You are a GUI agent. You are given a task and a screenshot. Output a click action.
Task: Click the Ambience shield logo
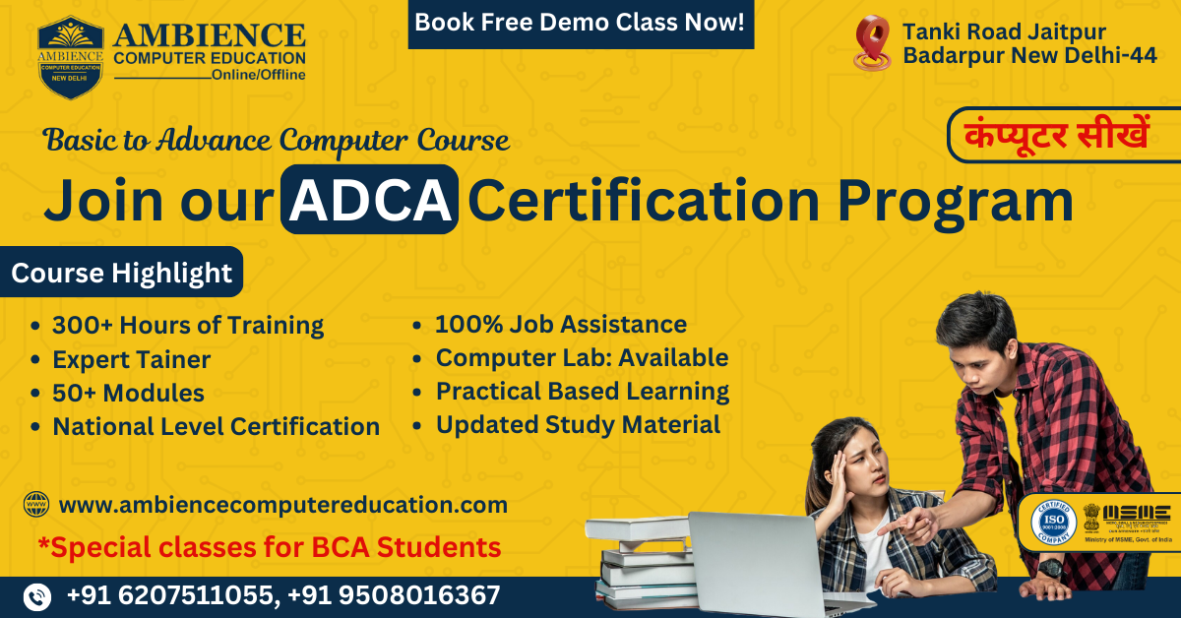[x=72, y=56]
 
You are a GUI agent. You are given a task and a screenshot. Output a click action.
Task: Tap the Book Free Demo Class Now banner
[x=581, y=23]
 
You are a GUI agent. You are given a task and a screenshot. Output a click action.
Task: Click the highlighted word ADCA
[x=369, y=200]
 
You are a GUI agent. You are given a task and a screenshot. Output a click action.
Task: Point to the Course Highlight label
[x=122, y=273]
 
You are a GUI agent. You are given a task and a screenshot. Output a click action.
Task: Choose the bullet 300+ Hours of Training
[x=188, y=325]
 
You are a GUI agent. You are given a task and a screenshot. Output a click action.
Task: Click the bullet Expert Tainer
[x=131, y=359]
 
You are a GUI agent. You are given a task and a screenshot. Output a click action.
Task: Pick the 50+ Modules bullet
[x=128, y=393]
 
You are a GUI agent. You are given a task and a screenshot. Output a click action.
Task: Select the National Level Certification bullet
[x=216, y=426]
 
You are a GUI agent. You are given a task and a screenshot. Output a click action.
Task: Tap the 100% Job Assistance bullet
[x=561, y=324]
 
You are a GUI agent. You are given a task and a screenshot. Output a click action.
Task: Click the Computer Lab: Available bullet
[x=582, y=358]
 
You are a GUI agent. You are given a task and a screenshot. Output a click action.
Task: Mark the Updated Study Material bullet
[x=578, y=425]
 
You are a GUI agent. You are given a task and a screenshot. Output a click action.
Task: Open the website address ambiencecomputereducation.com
[x=283, y=506]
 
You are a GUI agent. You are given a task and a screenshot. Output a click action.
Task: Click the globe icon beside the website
[x=36, y=506]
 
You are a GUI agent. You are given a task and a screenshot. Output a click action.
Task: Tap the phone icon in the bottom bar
[x=37, y=596]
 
